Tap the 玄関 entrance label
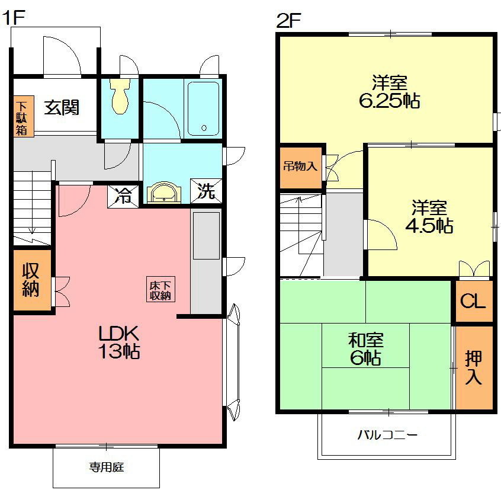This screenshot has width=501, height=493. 62,108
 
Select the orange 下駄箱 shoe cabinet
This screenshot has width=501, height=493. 21,117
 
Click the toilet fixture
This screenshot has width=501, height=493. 120,98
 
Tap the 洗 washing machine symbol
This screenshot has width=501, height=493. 205,191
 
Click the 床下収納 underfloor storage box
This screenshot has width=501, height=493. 160,289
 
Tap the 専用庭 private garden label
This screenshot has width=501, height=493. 107,467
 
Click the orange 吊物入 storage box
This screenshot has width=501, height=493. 300,167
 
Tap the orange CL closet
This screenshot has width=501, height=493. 473,301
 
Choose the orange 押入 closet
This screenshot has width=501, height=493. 474,367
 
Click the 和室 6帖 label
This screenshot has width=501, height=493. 365,349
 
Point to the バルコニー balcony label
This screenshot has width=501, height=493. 387,435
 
